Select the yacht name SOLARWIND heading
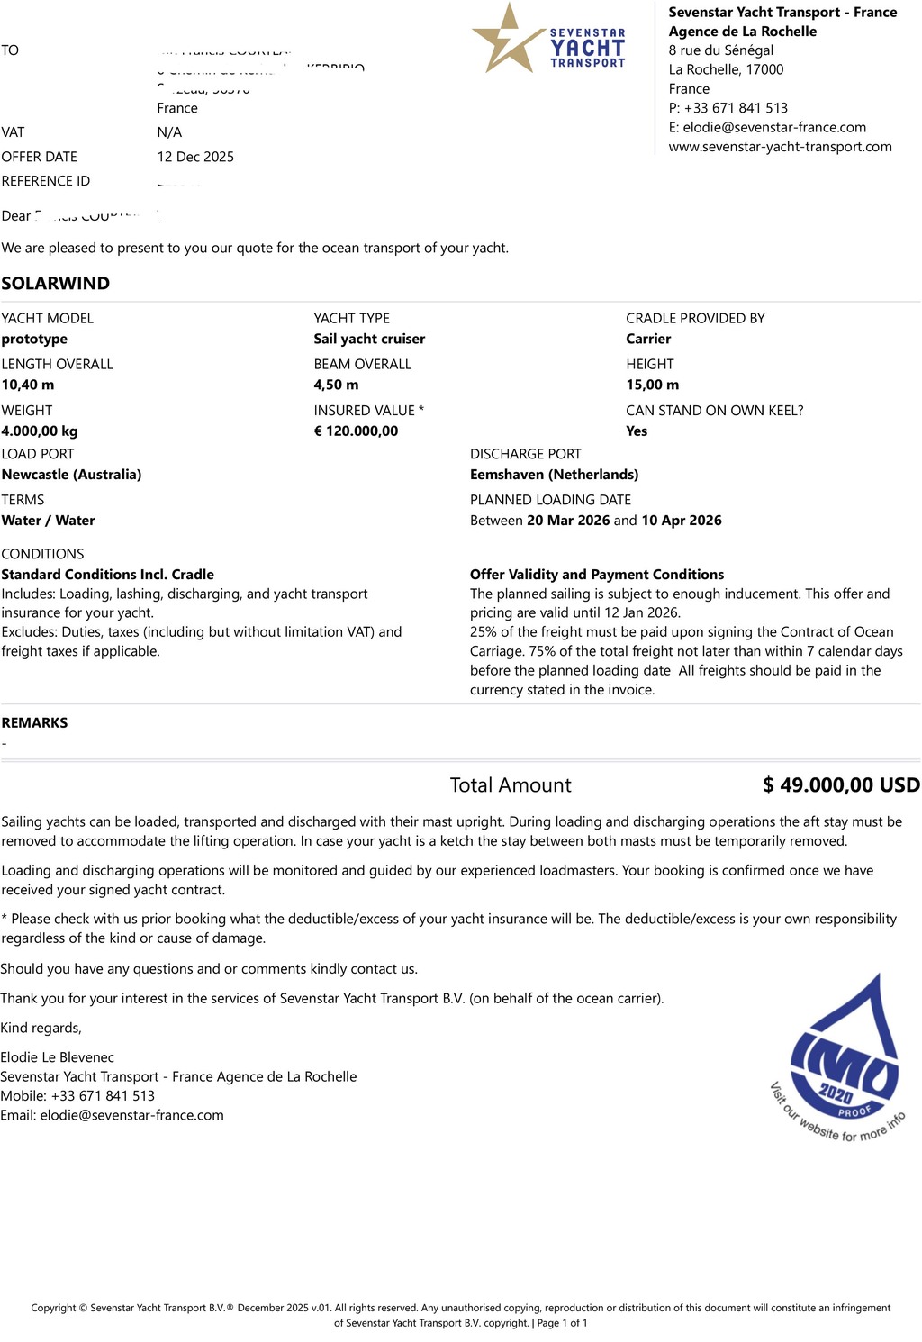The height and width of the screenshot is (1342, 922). click(x=56, y=283)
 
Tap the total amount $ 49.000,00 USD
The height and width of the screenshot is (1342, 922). click(x=841, y=784)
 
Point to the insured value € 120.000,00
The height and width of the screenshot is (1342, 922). click(x=356, y=431)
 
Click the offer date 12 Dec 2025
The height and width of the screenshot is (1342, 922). click(x=195, y=157)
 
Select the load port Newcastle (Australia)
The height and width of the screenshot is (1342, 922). click(x=71, y=475)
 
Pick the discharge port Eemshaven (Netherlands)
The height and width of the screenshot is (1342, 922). click(x=554, y=475)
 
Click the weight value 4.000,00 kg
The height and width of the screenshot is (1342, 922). click(x=40, y=431)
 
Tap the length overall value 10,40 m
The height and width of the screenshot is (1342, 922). click(x=28, y=385)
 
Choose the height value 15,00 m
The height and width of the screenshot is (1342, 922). click(x=652, y=385)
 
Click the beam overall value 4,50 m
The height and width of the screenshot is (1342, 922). click(x=336, y=385)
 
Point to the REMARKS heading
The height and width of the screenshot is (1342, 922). click(x=34, y=722)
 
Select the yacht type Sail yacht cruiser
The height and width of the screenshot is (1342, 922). click(x=369, y=339)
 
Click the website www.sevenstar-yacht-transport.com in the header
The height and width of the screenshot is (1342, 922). click(x=780, y=147)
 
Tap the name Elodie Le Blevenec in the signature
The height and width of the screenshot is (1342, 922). click(x=58, y=1057)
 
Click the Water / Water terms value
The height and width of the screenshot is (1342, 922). click(x=48, y=521)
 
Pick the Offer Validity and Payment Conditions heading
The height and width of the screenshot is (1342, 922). click(x=597, y=575)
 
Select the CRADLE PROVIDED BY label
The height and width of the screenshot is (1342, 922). click(x=695, y=318)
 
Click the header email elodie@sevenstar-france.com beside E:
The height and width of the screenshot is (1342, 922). click(x=774, y=127)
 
